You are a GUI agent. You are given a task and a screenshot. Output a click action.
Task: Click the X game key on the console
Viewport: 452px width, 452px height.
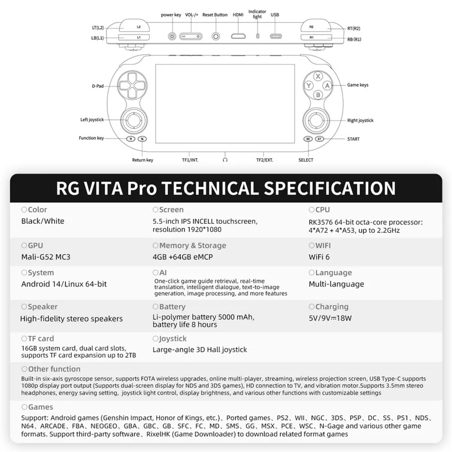point(318,76)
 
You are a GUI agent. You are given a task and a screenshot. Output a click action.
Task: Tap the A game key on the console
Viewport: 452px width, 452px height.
point(327,85)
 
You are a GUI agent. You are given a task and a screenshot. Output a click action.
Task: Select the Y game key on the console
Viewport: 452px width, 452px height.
point(309,85)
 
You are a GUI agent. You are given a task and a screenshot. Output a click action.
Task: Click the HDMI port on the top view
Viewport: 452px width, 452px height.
point(238,36)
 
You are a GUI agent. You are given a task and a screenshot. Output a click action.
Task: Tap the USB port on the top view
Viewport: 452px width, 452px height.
point(275,36)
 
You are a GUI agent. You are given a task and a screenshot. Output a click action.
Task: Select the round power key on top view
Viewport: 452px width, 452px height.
point(172,36)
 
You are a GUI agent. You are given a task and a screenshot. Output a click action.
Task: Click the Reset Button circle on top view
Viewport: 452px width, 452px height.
point(215,36)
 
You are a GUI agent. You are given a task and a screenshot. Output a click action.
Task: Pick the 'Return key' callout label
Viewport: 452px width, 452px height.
point(142,160)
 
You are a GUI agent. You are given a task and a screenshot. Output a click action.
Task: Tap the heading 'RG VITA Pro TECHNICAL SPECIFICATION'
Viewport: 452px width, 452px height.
point(226,188)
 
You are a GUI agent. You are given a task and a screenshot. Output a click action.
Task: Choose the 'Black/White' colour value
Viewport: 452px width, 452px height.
point(43,221)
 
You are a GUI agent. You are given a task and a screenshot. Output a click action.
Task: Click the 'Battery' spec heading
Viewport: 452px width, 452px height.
point(172,307)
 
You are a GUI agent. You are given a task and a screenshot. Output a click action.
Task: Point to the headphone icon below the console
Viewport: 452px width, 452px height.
point(225,160)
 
